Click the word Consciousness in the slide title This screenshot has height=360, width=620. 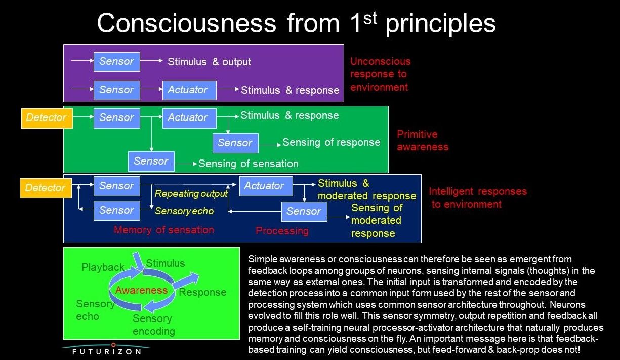coord(186,23)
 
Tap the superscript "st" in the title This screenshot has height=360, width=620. coord(368,16)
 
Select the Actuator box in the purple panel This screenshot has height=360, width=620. coord(189,90)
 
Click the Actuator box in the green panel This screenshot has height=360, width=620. coord(189,118)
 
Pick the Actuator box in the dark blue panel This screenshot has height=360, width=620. coord(265,186)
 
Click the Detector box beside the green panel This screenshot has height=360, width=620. coord(47,118)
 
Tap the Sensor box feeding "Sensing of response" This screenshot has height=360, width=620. coord(235,143)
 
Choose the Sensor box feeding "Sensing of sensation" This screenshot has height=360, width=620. coord(151,162)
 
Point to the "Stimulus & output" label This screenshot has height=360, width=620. coord(209,62)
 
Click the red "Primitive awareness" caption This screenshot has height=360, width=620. coord(422,141)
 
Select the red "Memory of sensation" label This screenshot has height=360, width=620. coord(163,230)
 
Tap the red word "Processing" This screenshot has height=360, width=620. coord(282,231)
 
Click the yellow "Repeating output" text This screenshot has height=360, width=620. coord(191,194)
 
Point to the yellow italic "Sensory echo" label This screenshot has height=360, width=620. coord(184,211)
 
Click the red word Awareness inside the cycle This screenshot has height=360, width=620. coord(141,290)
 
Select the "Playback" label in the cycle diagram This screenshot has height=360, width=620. coord(103,267)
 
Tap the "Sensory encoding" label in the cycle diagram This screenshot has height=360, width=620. coord(153,325)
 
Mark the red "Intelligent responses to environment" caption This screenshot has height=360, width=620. coord(477,198)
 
